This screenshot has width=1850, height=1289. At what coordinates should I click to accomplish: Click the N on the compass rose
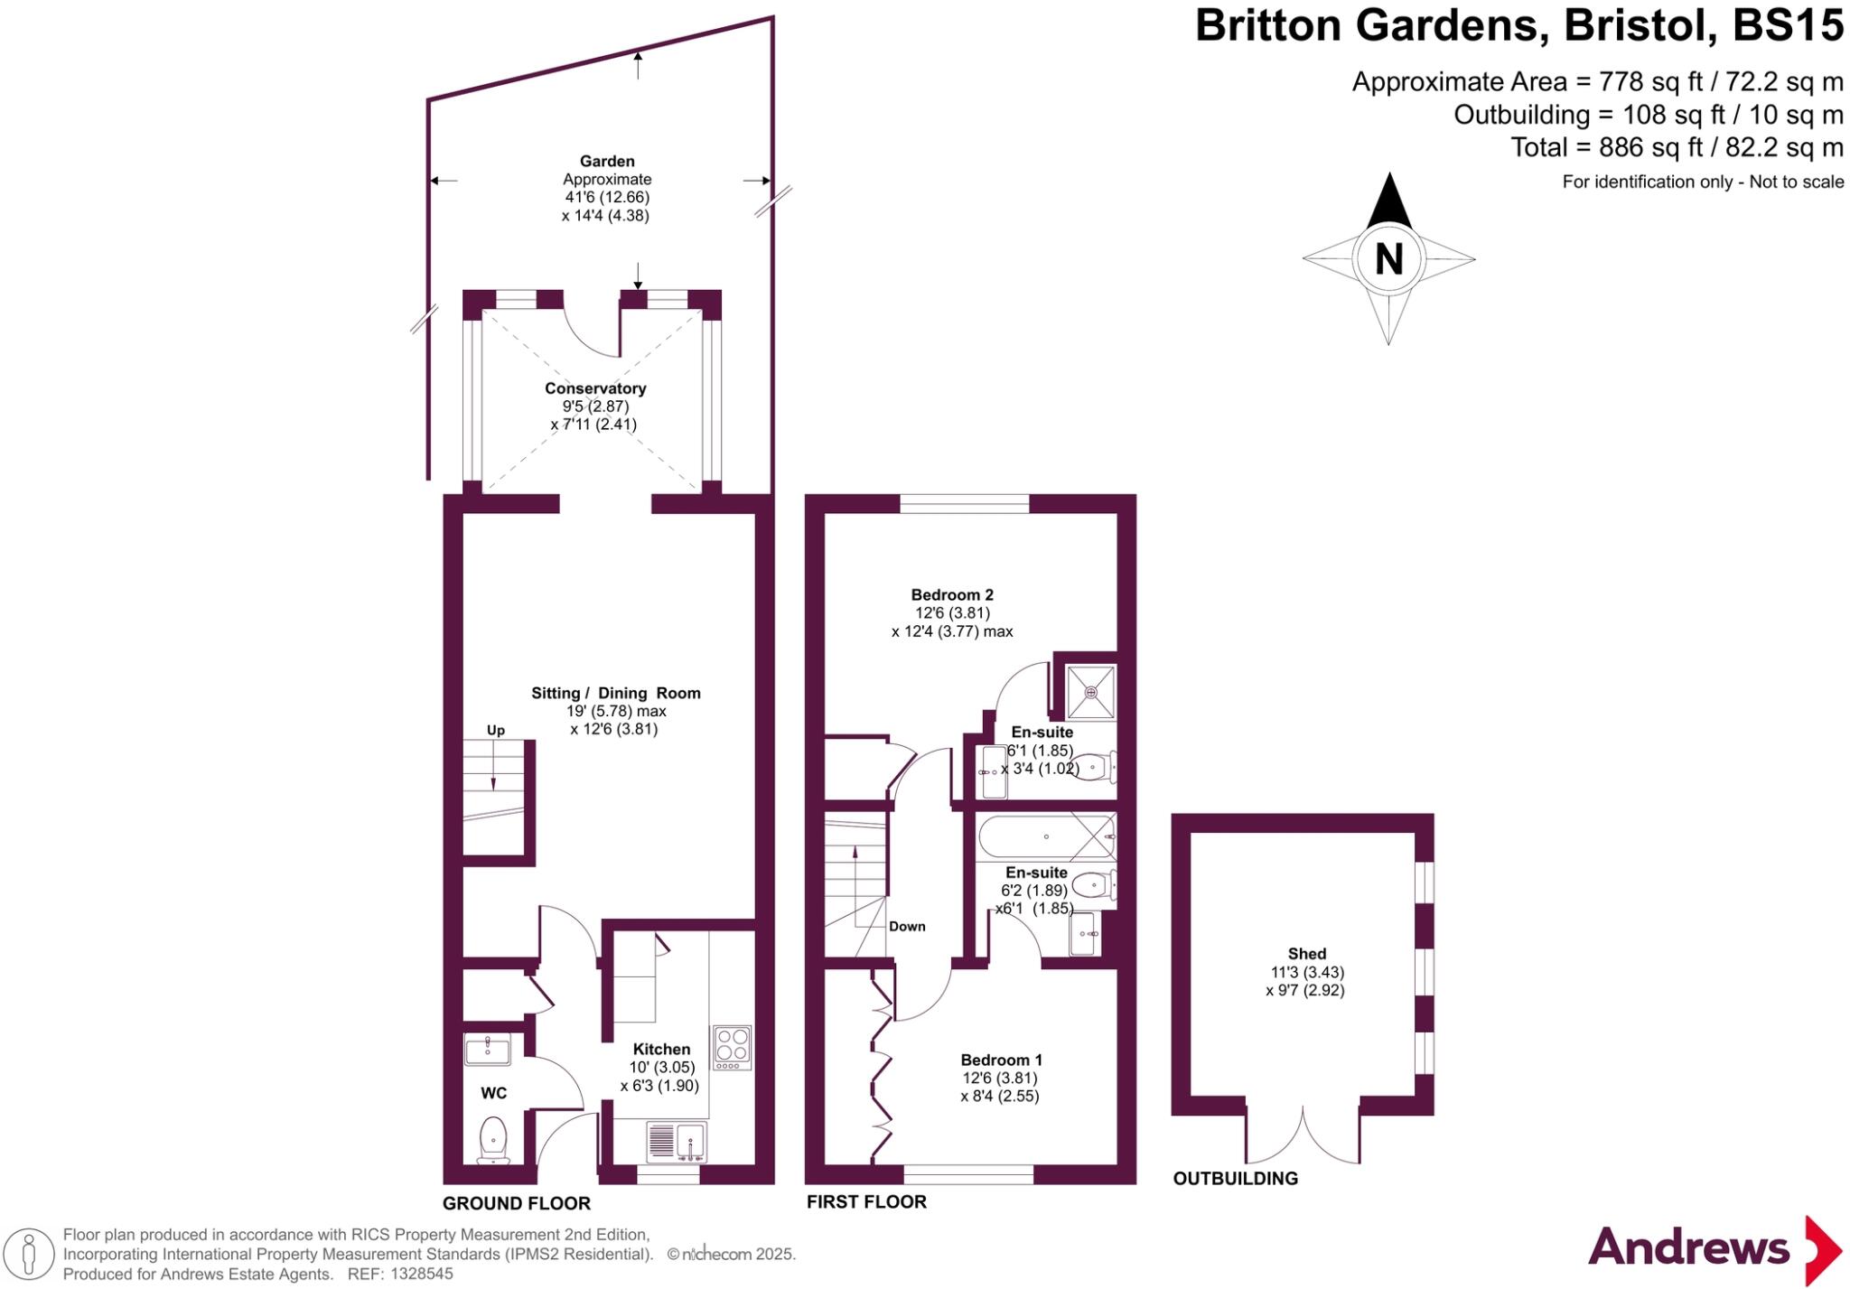coord(1388,259)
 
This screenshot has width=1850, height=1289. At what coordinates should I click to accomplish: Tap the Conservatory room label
coord(595,388)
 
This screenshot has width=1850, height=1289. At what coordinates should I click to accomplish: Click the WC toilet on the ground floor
coord(493,1140)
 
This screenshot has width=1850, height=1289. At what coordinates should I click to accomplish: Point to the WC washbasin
coord(487,1050)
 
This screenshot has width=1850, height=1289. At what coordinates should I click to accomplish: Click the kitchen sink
coord(677,1141)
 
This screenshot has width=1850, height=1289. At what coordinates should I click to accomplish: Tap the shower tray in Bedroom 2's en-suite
coord(1091,692)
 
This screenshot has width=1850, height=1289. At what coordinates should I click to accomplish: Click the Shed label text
coord(1306,954)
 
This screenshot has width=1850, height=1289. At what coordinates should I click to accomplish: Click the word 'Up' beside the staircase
coord(496,730)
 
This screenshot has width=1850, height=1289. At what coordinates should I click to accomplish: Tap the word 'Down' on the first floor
coord(907,926)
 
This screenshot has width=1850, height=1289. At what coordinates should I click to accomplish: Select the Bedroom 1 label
coord(1001,1060)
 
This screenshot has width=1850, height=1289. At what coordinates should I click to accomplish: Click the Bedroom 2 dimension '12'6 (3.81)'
coord(952,612)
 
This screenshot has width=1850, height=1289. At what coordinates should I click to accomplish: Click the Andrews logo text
coord(1687,1248)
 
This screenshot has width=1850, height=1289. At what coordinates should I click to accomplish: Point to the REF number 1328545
coord(423,1275)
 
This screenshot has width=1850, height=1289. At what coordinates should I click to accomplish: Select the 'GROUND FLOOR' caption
coord(517,1203)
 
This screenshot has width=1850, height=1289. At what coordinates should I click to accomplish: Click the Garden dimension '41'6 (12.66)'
coord(607,197)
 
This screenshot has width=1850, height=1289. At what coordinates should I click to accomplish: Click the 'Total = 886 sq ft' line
coord(1677,147)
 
